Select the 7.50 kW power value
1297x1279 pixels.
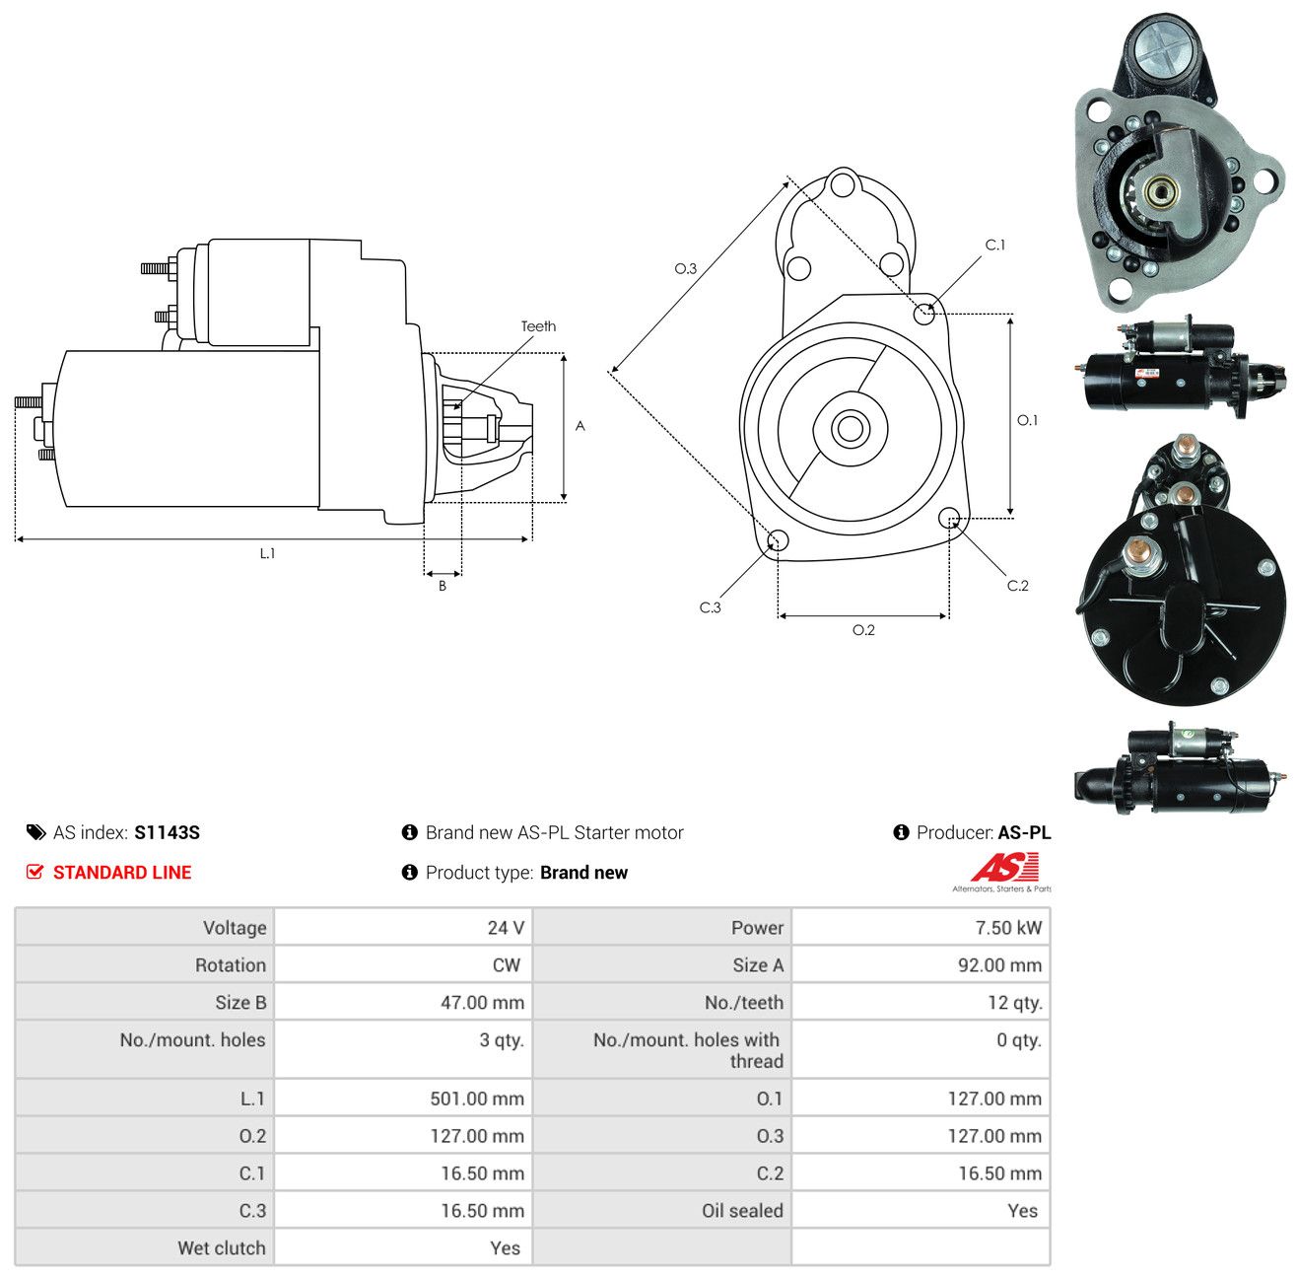click(1007, 927)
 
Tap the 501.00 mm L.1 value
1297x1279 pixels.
click(477, 1099)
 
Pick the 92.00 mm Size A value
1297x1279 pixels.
click(998, 965)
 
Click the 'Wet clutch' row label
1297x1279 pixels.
click(222, 1248)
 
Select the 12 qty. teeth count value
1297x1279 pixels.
click(1014, 1003)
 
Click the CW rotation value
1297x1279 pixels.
click(507, 965)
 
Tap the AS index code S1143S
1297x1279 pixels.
click(167, 832)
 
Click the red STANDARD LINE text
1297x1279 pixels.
click(122, 872)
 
